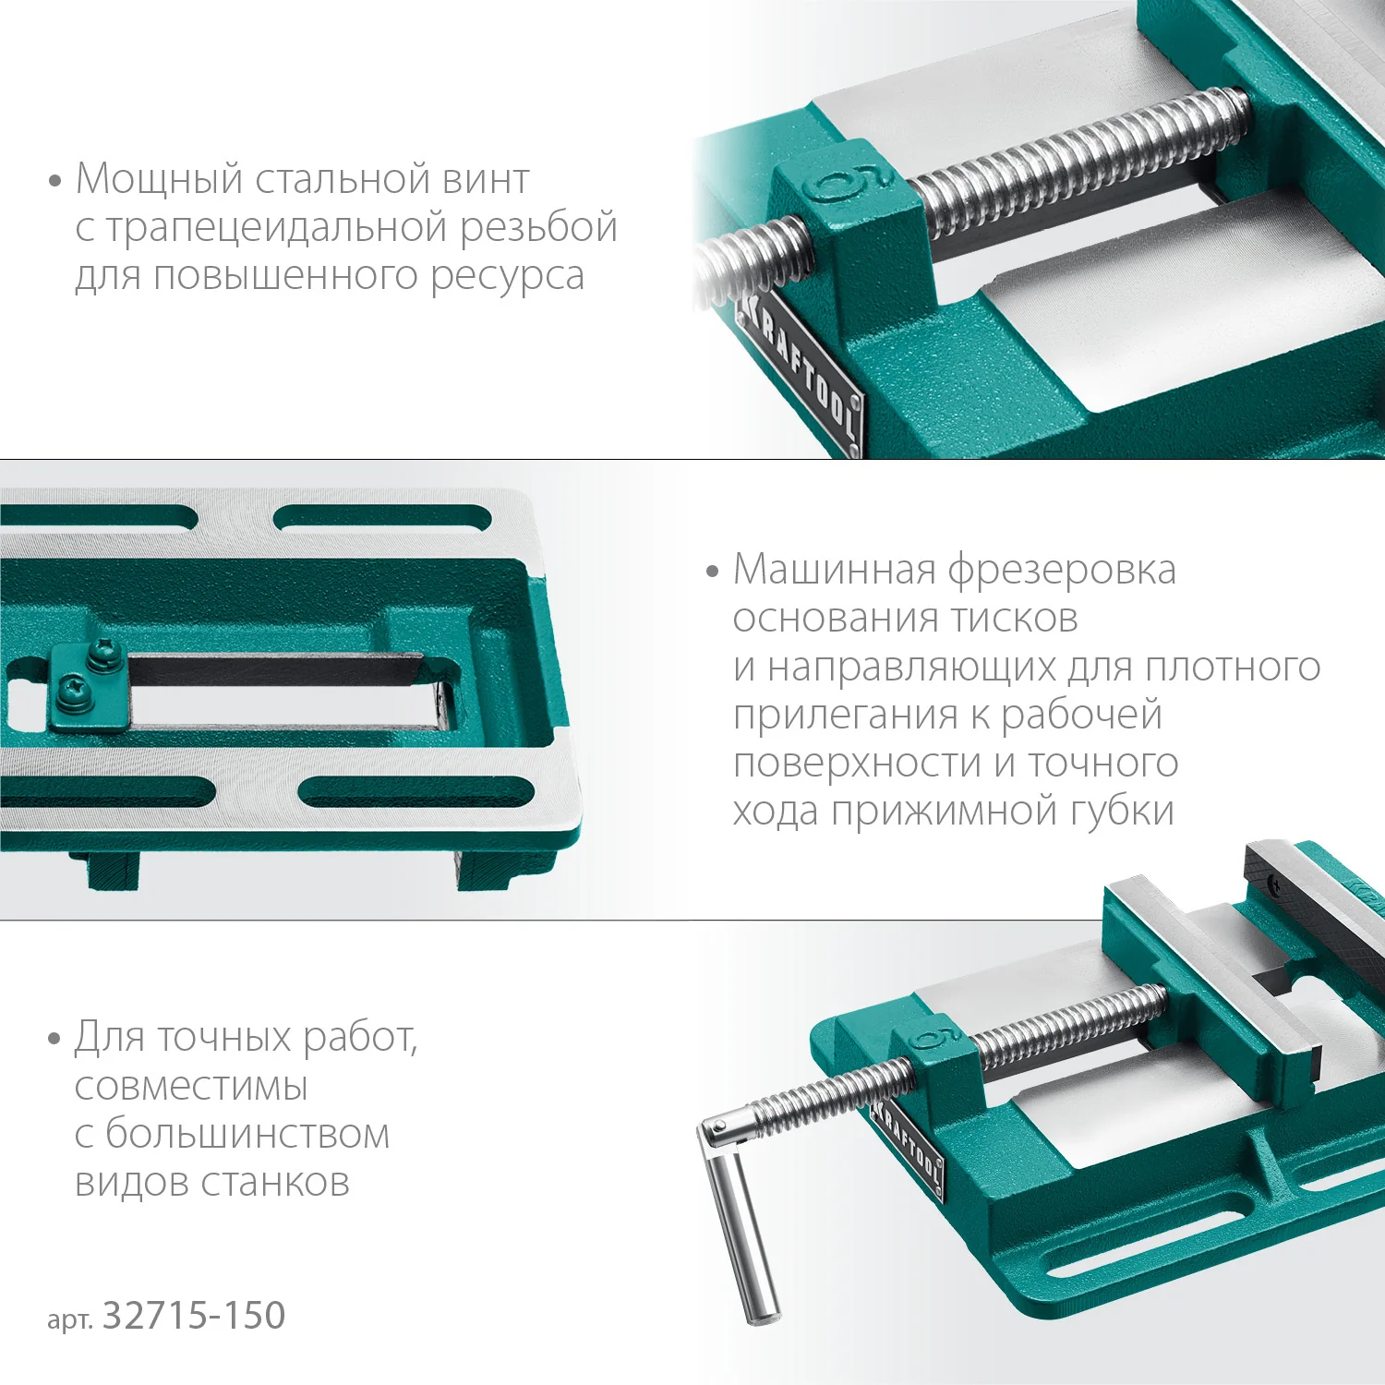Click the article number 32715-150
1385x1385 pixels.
193,1316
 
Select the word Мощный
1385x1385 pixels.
159,180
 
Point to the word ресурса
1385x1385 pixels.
507,277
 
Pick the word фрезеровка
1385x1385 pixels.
1062,571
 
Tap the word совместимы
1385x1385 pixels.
191,1087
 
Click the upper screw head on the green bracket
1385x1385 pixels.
99,654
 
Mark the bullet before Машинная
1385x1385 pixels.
712,572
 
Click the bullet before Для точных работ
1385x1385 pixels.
54,1039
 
